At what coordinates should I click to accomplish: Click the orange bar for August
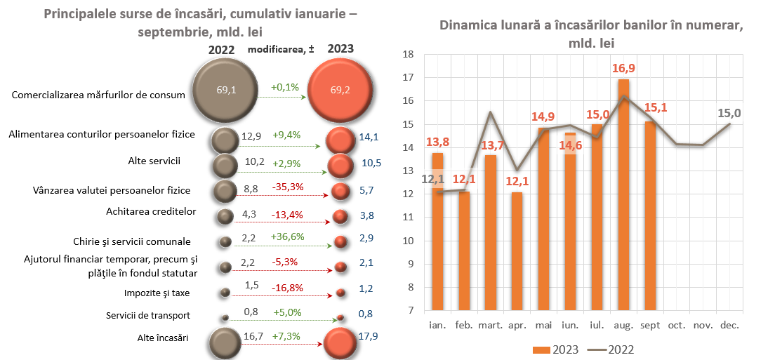coord(623,196)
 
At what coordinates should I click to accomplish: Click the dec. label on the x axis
coord(730,325)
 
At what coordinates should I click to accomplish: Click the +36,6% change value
coord(287,236)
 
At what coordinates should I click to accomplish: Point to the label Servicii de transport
coord(148,316)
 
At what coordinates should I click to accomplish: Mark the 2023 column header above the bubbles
coord(340,49)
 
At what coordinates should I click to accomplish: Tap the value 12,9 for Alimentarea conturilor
coord(251,135)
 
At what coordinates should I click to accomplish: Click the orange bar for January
coord(437,232)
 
